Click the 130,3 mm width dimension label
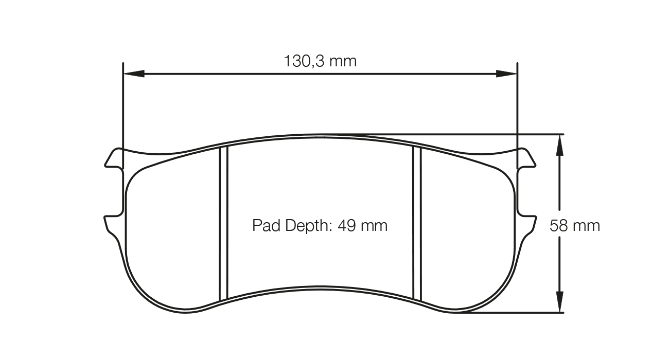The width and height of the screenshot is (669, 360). tap(320, 61)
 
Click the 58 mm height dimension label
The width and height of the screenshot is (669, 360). tap(575, 225)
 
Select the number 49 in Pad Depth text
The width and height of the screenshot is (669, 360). tap(347, 225)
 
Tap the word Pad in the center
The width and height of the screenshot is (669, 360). tap(265, 225)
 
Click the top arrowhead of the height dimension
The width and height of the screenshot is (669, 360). tap(559, 144)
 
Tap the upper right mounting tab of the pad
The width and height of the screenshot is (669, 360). tap(526, 159)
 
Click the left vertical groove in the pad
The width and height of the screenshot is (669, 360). tap(223, 224)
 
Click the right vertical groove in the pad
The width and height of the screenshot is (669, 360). tap(417, 224)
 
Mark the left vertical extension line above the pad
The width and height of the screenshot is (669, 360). tap(123, 103)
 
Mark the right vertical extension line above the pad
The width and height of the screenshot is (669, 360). tap(517, 103)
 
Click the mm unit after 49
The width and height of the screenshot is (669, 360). tap(375, 225)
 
